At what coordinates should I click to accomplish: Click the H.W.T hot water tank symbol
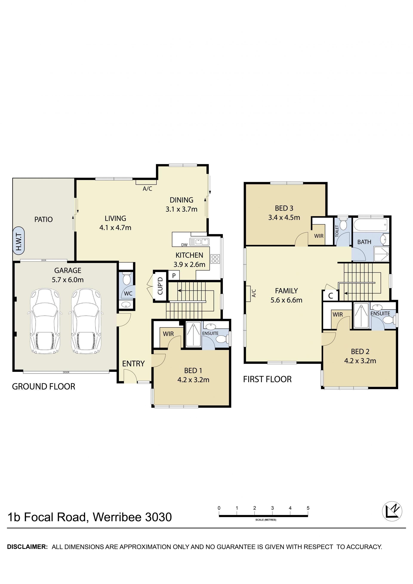(x=18, y=240)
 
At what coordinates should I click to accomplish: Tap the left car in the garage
(x=45, y=321)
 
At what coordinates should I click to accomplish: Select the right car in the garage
(x=86, y=321)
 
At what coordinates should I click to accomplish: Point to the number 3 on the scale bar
(x=272, y=508)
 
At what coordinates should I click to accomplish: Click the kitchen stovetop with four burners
(x=215, y=259)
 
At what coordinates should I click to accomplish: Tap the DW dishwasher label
(x=184, y=245)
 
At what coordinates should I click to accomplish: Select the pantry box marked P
(x=174, y=275)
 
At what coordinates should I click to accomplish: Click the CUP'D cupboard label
(x=160, y=286)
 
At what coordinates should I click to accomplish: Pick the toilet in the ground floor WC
(x=126, y=279)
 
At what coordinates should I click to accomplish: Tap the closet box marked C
(x=331, y=296)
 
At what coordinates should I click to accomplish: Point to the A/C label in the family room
(x=254, y=293)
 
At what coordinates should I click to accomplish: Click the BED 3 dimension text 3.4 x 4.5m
(x=284, y=218)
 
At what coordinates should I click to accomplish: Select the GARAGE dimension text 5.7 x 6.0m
(x=68, y=280)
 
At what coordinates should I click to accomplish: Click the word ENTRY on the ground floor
(x=133, y=364)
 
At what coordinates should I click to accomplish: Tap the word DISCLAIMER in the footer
(x=27, y=547)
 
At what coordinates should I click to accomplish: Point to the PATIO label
(x=43, y=219)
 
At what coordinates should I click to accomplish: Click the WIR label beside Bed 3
(x=319, y=236)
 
